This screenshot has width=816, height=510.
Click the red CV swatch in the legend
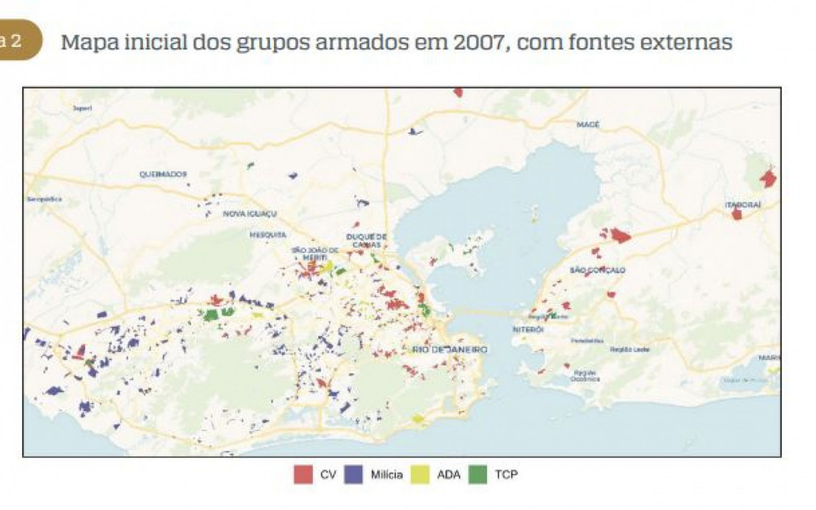tap(303, 474)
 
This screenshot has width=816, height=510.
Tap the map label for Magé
tap(588, 124)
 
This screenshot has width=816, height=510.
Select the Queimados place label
tap(163, 174)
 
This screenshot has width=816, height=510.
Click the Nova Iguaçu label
tap(250, 214)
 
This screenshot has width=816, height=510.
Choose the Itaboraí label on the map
tap(742, 204)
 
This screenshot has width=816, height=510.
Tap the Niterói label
tap(528, 329)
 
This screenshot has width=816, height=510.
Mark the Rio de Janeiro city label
tap(449, 350)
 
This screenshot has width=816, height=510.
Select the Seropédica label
tap(44, 199)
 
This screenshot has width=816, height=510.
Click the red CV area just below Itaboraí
tap(736, 214)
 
